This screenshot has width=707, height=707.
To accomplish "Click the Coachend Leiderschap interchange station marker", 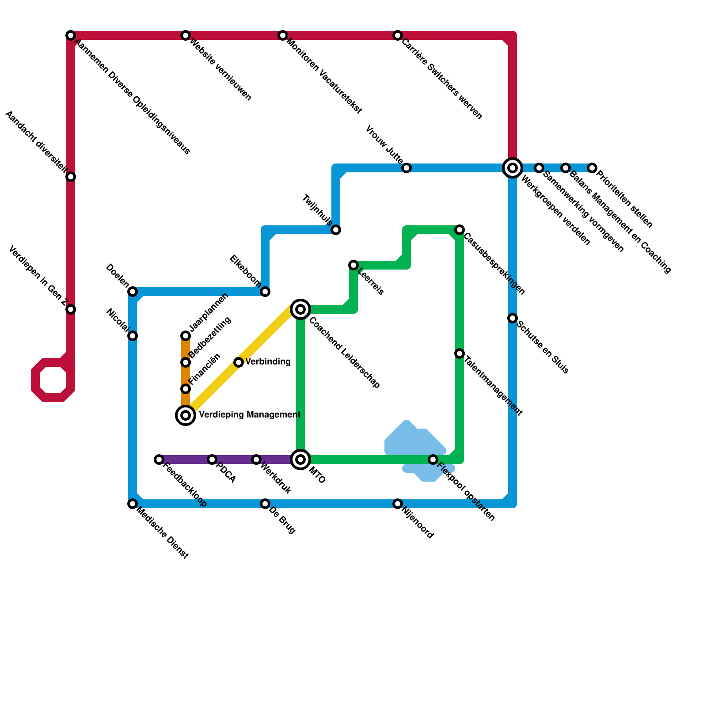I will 300,309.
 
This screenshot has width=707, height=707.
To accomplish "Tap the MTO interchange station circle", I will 300,460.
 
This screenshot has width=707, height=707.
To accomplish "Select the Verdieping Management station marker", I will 186,415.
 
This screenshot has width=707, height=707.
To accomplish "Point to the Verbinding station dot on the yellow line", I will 239,362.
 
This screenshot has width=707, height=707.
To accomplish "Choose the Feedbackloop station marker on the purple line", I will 159,460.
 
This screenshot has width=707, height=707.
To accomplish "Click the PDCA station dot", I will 212,460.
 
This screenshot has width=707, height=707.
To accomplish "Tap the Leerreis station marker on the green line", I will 353,265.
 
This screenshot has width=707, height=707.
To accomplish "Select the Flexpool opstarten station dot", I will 433,460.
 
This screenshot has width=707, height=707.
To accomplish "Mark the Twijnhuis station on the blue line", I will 336,230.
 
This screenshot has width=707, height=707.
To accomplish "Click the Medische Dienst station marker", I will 133,504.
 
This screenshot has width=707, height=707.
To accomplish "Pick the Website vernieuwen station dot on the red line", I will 186,35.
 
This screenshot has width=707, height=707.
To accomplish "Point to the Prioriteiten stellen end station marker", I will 592,168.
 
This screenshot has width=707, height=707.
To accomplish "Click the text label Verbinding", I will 268,362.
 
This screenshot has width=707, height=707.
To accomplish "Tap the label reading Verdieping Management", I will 250,415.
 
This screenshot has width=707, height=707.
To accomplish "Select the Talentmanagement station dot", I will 460,353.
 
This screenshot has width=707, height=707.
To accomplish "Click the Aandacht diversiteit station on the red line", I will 71,177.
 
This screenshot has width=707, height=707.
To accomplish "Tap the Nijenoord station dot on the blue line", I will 398,504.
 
